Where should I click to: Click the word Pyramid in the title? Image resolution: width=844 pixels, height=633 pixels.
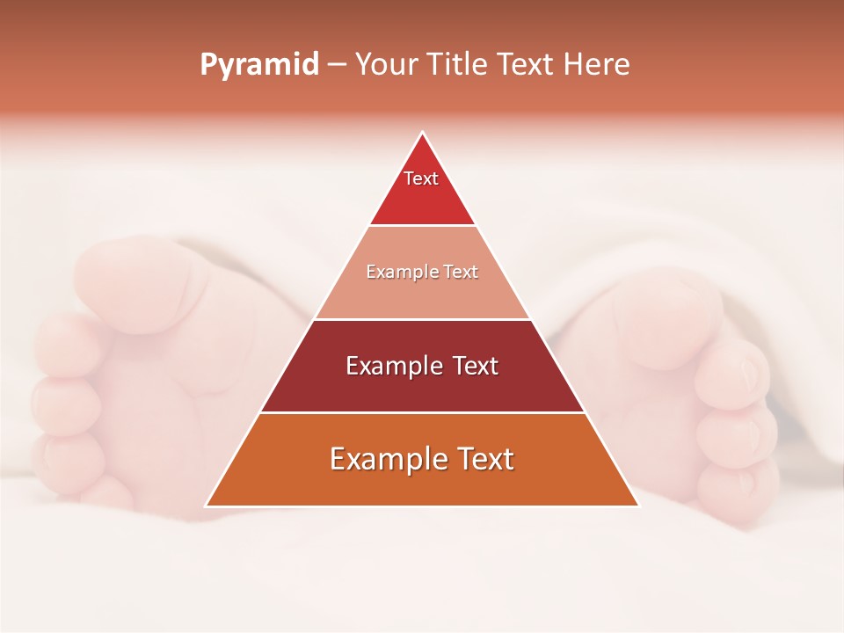tap(258, 65)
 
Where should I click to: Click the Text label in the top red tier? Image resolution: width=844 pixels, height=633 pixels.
tap(421, 178)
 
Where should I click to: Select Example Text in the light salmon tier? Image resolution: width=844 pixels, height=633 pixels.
tap(422, 272)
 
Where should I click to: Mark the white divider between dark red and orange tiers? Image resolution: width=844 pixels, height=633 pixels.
tap(422, 412)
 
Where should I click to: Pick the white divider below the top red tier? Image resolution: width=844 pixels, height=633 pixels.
tap(422, 225)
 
